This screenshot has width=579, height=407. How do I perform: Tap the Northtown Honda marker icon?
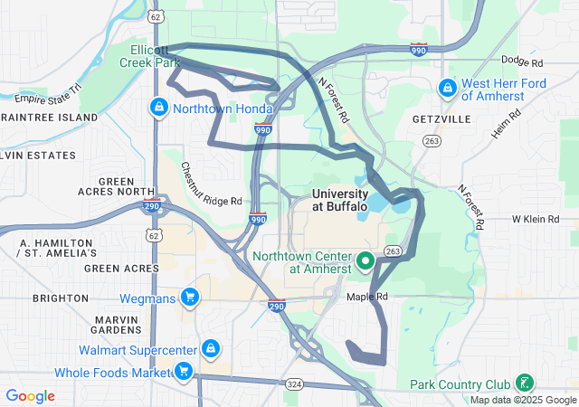point(159,108)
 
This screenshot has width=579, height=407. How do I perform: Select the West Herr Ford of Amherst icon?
point(447,89)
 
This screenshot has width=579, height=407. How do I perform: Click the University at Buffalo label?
point(339,200)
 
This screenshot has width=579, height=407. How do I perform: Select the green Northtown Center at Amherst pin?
point(365,261)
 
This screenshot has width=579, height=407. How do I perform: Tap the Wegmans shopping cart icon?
point(189,297)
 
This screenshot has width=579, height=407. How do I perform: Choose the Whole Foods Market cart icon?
point(184,371)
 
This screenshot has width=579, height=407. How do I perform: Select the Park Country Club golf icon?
point(524,383)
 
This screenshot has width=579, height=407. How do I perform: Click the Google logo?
point(30,396)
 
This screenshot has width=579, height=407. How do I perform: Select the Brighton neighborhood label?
point(61,298)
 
